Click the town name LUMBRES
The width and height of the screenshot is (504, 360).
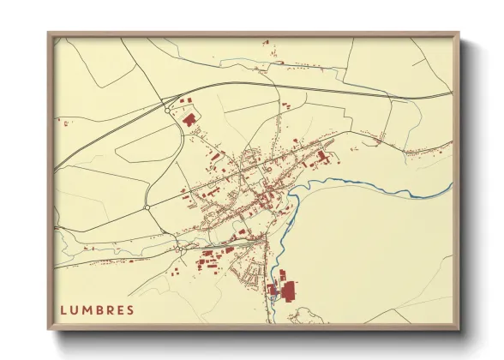[x=97, y=309]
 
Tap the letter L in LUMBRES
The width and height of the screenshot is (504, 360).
[x=63, y=309]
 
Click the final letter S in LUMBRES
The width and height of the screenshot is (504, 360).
[x=130, y=309]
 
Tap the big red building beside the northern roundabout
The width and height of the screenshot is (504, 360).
[x=188, y=119]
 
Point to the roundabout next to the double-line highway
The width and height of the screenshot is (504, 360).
[x=166, y=109]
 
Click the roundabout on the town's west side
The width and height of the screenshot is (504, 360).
[x=147, y=207]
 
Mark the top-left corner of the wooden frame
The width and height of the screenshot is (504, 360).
[x=49, y=34]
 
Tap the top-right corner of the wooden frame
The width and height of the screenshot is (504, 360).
[x=458, y=34]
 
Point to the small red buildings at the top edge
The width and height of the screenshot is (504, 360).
[x=267, y=41]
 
